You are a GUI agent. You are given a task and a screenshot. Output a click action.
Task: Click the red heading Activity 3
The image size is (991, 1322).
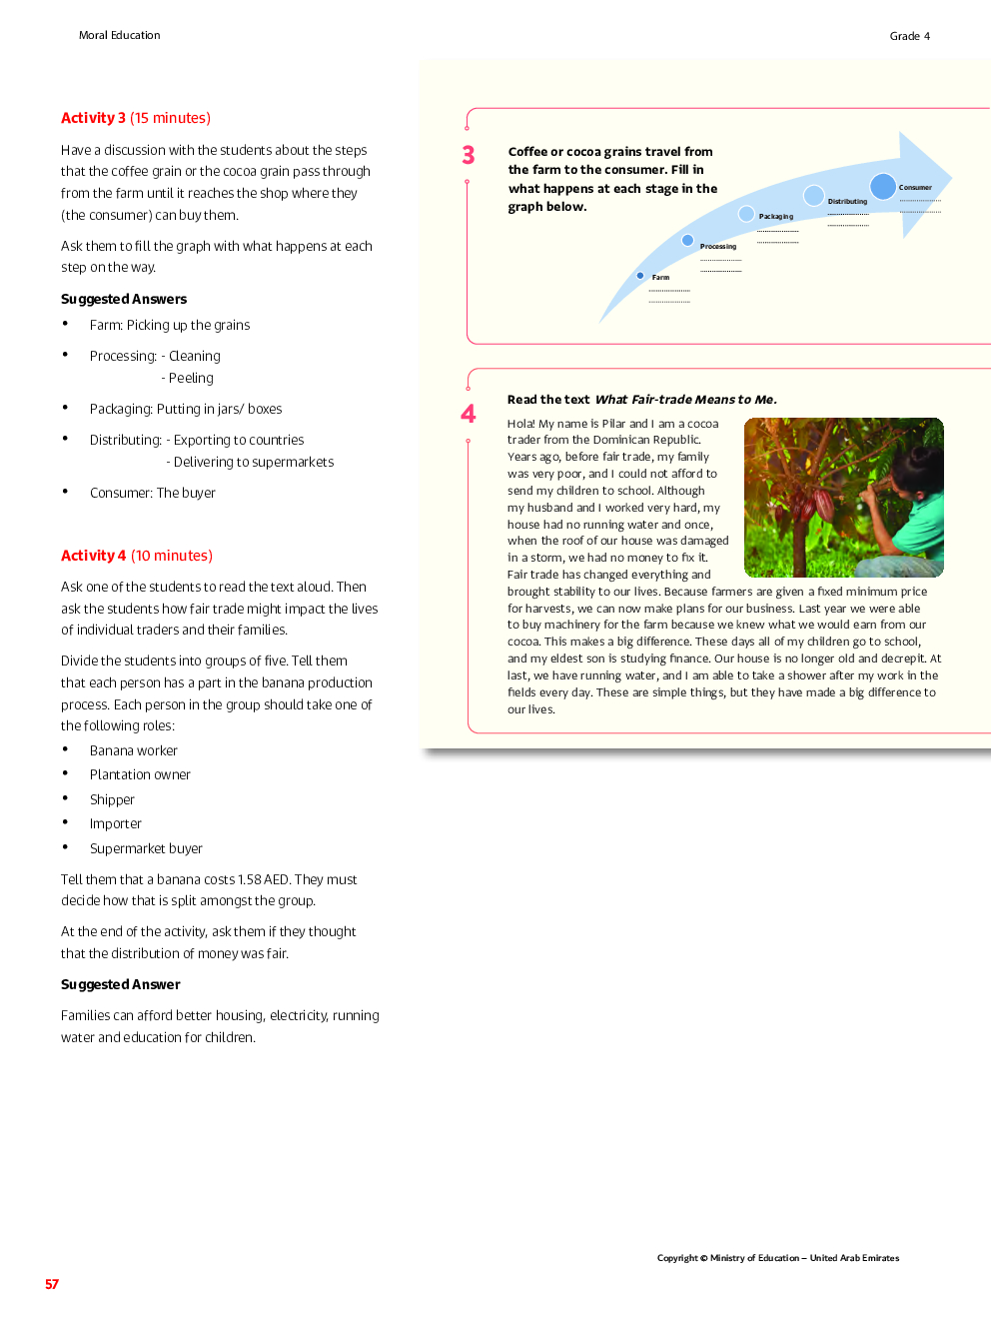94,118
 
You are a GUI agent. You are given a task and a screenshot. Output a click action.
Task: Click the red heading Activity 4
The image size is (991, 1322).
94,556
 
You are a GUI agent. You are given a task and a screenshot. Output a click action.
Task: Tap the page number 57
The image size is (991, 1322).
52,1284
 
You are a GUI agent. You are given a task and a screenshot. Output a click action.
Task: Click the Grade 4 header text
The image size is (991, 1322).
909,36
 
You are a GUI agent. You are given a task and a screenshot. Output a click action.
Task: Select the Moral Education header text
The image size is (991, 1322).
119,35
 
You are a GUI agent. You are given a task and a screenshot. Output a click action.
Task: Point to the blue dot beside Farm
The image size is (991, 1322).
640,276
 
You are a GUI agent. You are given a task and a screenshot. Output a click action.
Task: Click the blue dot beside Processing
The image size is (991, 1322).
687,240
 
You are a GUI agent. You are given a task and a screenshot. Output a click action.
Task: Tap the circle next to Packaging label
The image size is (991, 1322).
746,213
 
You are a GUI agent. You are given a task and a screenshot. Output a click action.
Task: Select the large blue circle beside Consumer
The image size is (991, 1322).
882,186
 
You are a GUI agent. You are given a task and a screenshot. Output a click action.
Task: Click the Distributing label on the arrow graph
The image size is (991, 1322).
847,202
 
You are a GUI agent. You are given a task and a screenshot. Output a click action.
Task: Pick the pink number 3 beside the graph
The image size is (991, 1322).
469,155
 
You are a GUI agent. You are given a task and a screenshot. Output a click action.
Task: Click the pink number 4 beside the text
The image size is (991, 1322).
469,414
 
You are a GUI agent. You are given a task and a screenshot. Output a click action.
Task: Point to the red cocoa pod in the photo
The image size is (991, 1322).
823,503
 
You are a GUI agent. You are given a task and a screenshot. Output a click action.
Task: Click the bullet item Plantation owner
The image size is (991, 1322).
140,774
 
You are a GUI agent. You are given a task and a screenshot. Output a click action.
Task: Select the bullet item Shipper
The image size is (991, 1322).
112,799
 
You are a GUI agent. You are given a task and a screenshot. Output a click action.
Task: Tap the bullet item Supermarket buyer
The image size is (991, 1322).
146,848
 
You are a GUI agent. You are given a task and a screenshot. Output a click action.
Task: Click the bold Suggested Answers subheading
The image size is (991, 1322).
124,299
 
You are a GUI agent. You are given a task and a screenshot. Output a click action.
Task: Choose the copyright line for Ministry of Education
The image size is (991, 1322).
777,1258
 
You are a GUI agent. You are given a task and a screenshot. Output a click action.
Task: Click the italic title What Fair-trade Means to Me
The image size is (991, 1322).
685,400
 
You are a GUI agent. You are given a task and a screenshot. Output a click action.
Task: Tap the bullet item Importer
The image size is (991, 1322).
116,823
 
